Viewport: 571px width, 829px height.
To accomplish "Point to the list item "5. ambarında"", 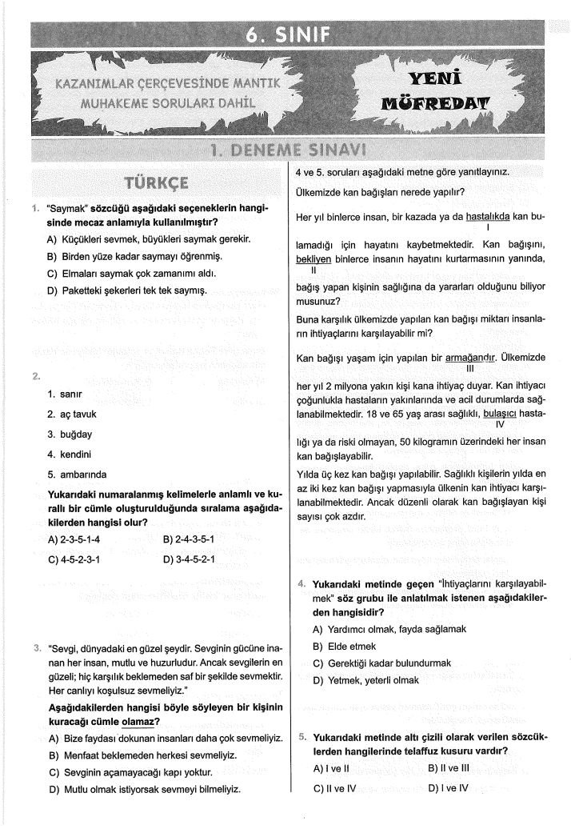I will click(77, 474).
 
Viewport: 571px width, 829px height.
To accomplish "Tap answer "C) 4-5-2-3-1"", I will click(74, 559).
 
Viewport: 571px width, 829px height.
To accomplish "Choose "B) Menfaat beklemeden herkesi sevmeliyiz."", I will click(143, 755).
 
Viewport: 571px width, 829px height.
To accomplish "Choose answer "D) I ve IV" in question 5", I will click(449, 787).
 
